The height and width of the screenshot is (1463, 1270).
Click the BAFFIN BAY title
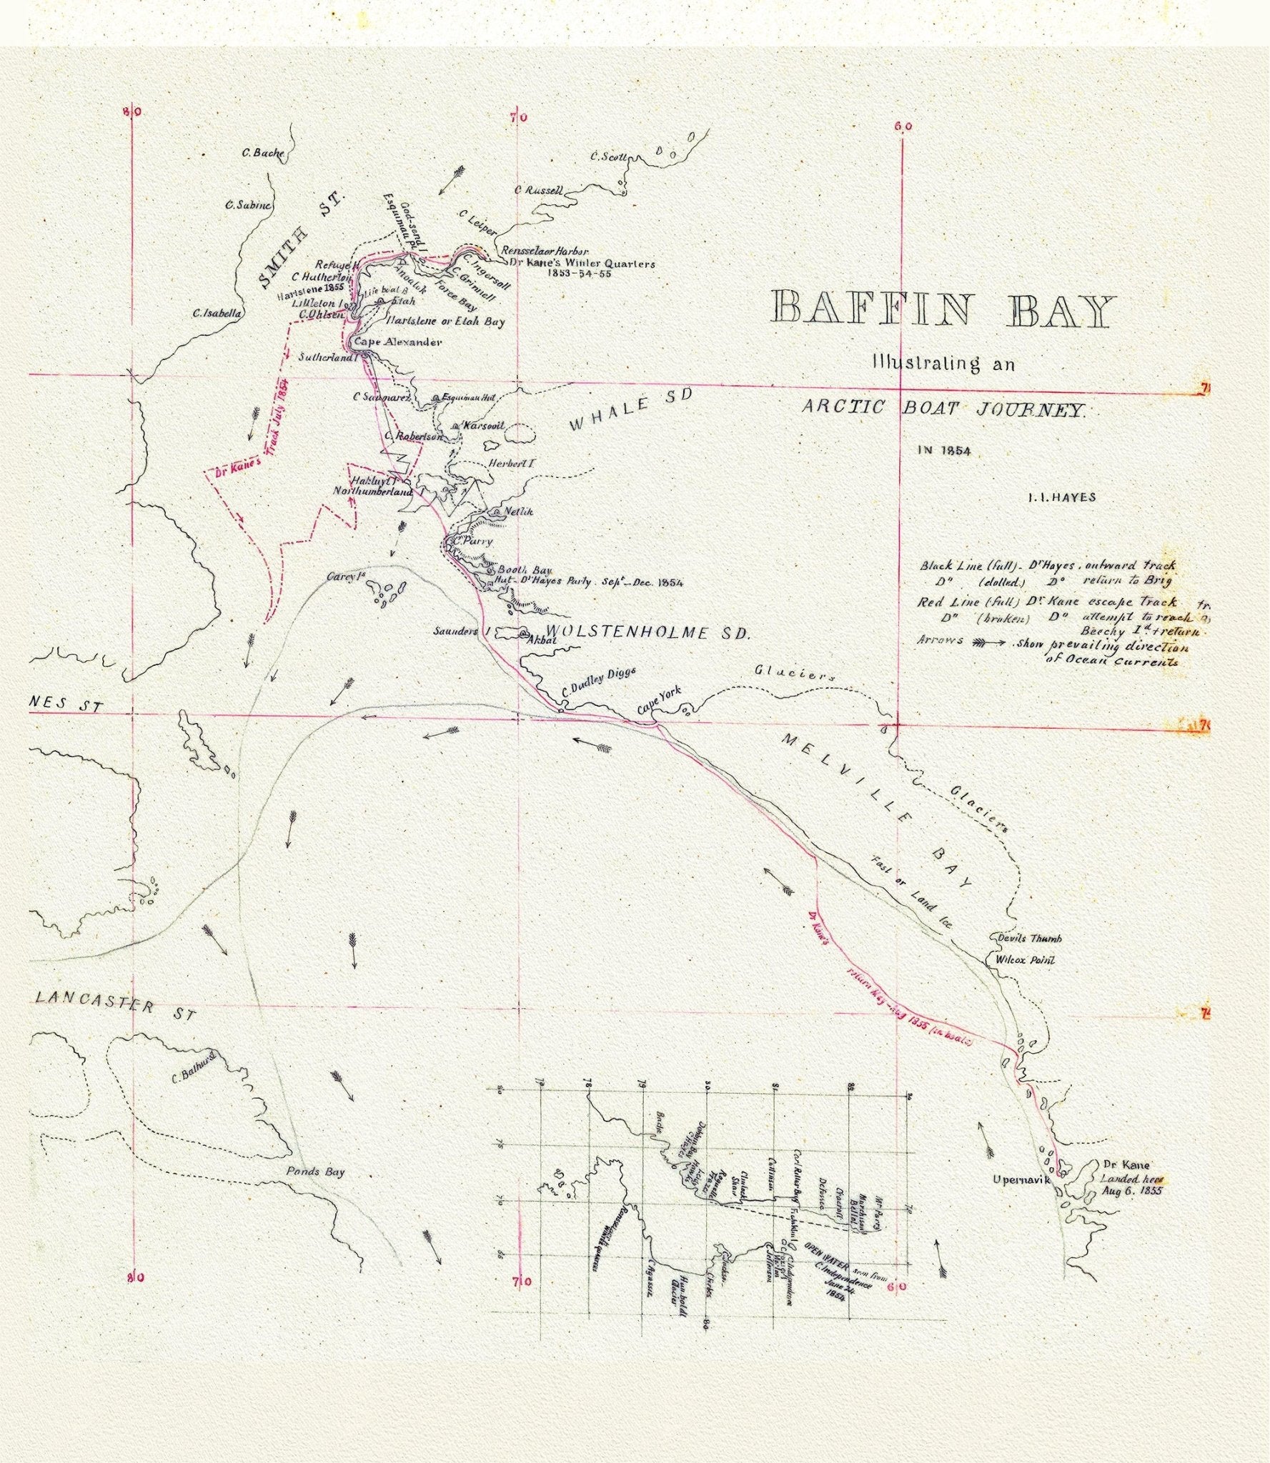[943, 311]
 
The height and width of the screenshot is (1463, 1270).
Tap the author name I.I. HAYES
[1061, 498]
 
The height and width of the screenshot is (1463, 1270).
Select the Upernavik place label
[1021, 1180]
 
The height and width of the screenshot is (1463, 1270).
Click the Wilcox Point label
[1025, 961]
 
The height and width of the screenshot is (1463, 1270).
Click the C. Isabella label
[217, 314]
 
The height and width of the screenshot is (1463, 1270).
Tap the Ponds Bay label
[315, 1172]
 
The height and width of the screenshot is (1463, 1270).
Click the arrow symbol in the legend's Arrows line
[991, 641]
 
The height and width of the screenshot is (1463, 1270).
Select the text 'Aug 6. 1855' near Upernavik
[1131, 1191]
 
